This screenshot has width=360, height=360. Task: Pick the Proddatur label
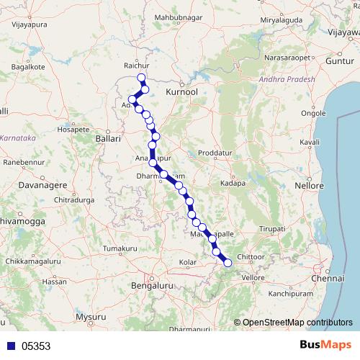point(215,153)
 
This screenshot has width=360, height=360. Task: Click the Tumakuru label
point(120,248)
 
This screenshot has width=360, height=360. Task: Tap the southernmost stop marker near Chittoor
point(228,263)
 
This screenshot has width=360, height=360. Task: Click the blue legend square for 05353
point(11,346)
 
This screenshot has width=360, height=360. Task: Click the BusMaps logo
point(323,344)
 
